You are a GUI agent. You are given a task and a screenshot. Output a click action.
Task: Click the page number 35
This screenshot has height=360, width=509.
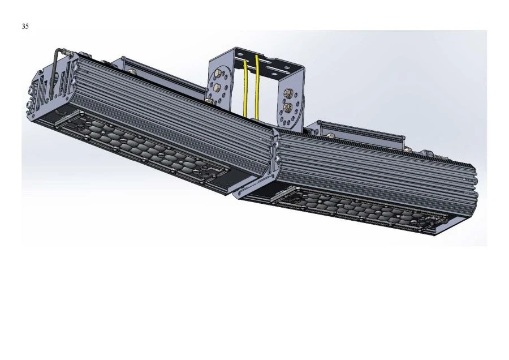coord(25,26)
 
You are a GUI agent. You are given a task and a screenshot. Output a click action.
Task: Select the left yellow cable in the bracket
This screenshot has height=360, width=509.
coord(245,85)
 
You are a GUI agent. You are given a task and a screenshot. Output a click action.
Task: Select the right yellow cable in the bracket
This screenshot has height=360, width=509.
coord(258,85)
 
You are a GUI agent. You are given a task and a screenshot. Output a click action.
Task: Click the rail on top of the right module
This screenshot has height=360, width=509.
coord(362,131)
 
